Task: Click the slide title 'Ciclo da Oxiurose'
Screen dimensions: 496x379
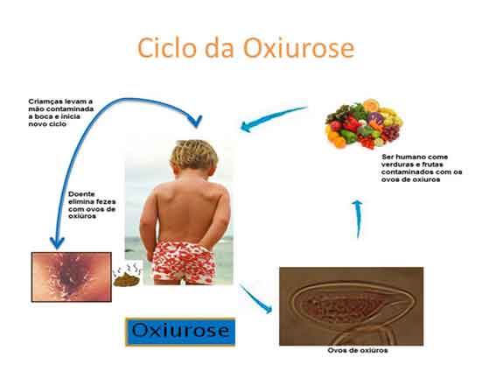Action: [246, 47]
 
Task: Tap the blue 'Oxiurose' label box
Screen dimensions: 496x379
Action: [180, 332]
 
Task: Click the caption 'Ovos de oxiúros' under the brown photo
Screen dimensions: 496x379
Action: [358, 350]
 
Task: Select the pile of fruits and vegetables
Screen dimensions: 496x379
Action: [364, 123]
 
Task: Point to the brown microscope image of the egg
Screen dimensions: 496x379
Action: [351, 306]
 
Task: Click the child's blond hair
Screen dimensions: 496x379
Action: [194, 154]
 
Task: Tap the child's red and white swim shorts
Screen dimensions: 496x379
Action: [183, 263]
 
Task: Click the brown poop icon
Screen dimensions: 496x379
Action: [127, 278]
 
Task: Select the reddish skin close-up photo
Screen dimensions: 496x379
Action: [72, 277]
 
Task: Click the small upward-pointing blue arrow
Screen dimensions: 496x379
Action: [358, 219]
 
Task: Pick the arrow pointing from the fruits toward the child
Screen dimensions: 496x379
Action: [274, 119]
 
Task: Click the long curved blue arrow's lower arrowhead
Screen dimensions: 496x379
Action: [57, 242]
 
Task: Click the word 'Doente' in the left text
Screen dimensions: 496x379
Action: [81, 193]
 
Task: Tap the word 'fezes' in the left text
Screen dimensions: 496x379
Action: [106, 201]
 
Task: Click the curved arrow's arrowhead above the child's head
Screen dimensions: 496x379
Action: [196, 122]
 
